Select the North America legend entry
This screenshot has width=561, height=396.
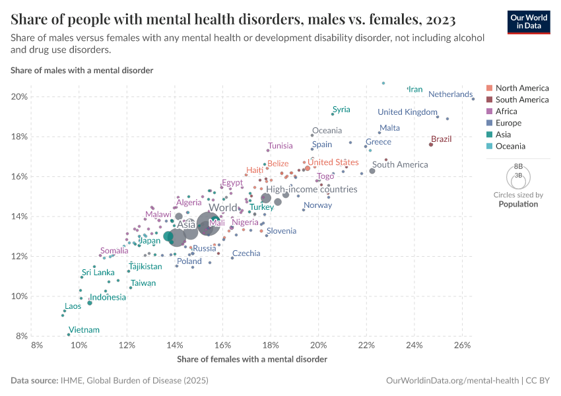click(x=521, y=88)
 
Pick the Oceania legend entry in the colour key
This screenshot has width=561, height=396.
click(x=510, y=146)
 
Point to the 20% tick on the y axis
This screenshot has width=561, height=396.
click(x=19, y=97)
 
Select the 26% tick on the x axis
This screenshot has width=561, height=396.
click(x=461, y=345)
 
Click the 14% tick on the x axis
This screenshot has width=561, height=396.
click(x=175, y=345)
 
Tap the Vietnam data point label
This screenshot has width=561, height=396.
click(x=84, y=330)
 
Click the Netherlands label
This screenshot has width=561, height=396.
click(x=450, y=94)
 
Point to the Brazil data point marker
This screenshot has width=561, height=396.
click(x=431, y=144)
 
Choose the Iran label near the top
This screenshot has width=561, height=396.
click(x=415, y=89)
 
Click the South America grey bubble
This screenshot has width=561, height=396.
click(x=372, y=171)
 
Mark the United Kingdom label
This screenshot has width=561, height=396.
click(x=407, y=112)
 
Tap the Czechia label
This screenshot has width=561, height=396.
click(x=246, y=253)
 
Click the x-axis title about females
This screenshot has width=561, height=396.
click(x=252, y=359)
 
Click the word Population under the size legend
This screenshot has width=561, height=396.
click(x=518, y=204)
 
